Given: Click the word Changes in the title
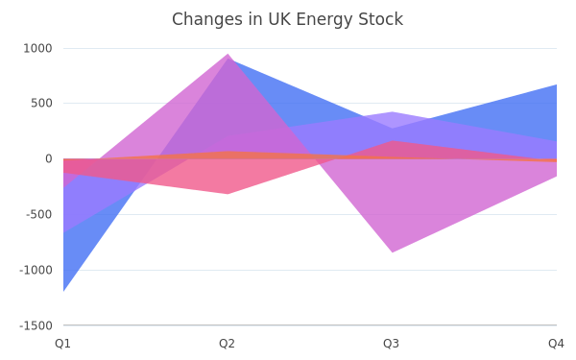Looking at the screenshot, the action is click(206, 19).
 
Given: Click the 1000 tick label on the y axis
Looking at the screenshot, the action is click(37, 49).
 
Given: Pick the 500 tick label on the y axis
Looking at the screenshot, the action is click(41, 104).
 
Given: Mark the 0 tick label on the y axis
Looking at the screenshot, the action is click(49, 158).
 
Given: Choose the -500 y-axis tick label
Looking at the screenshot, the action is click(39, 214).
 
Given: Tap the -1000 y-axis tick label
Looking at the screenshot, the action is click(36, 270).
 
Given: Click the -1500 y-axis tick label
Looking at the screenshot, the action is click(36, 325).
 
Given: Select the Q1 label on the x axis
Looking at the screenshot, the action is click(62, 344).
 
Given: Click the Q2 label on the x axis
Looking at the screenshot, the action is click(227, 344).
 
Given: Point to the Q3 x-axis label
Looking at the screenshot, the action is click(392, 344).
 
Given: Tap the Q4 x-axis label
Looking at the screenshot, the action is click(556, 344).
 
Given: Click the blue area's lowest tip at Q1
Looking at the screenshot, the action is click(63, 291).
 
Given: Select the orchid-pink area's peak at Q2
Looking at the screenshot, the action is click(228, 54).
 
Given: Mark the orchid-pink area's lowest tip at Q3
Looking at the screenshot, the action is click(393, 252).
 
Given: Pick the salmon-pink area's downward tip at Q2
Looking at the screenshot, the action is click(228, 194).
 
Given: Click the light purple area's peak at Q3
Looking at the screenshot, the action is click(393, 111).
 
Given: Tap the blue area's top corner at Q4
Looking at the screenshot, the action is click(557, 84).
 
